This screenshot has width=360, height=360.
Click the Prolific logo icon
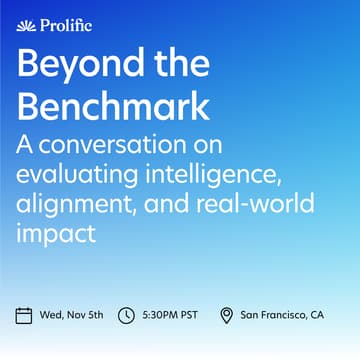click(x=25, y=26)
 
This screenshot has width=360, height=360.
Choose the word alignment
click(x=79, y=208)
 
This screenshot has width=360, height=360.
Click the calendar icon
click(x=25, y=316)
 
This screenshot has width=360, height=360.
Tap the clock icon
click(x=126, y=316)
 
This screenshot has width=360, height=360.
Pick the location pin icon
click(x=226, y=316)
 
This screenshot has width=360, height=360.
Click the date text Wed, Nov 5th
click(x=71, y=316)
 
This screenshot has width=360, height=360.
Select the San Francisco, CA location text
click(x=282, y=316)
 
